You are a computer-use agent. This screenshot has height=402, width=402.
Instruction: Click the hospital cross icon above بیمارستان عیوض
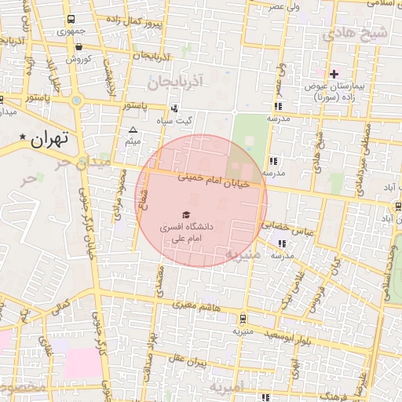(x=334, y=74)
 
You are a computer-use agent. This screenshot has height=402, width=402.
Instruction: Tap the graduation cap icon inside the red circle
(x=186, y=214)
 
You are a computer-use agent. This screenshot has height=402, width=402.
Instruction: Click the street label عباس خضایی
(x=292, y=227)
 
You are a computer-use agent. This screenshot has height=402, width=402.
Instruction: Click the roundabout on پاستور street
(x=76, y=100)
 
